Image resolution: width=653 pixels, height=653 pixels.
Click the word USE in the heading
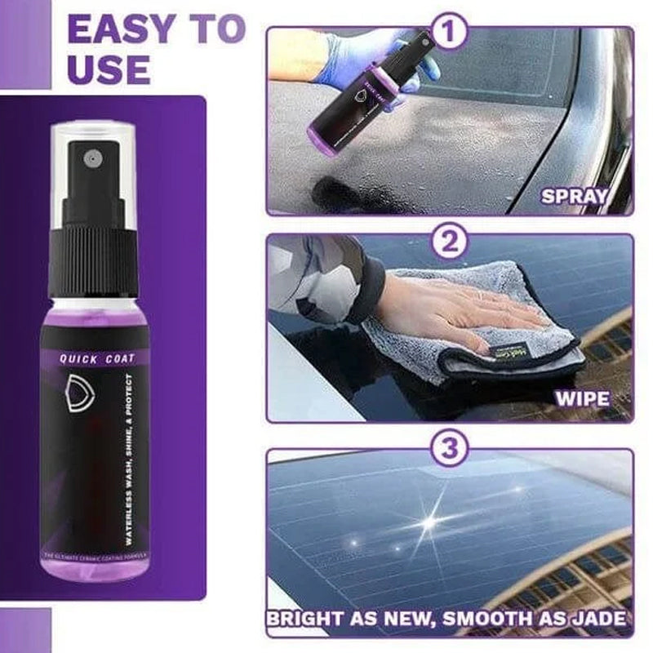click(x=109, y=70)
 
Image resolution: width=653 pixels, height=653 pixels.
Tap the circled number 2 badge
click(x=448, y=241)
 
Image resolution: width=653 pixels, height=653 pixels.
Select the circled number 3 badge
click(x=448, y=449)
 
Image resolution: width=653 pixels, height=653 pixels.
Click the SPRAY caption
click(x=575, y=196)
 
